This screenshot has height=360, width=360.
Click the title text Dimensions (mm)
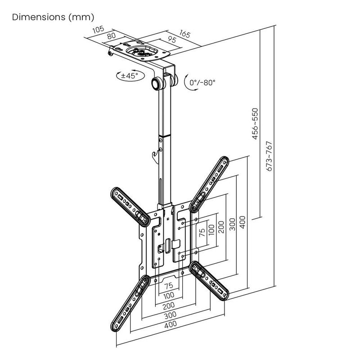pos(53,18)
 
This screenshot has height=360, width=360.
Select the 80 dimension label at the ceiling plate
pos(112,36)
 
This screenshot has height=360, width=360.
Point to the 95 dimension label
pos(171,40)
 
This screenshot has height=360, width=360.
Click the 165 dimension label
pos(184,33)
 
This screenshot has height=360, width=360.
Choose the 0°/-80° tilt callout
pos(202,83)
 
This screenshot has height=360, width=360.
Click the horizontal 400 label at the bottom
pos(170,324)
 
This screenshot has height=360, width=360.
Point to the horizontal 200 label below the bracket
pos(170,305)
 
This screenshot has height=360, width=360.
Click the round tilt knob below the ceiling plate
pos(157,84)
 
